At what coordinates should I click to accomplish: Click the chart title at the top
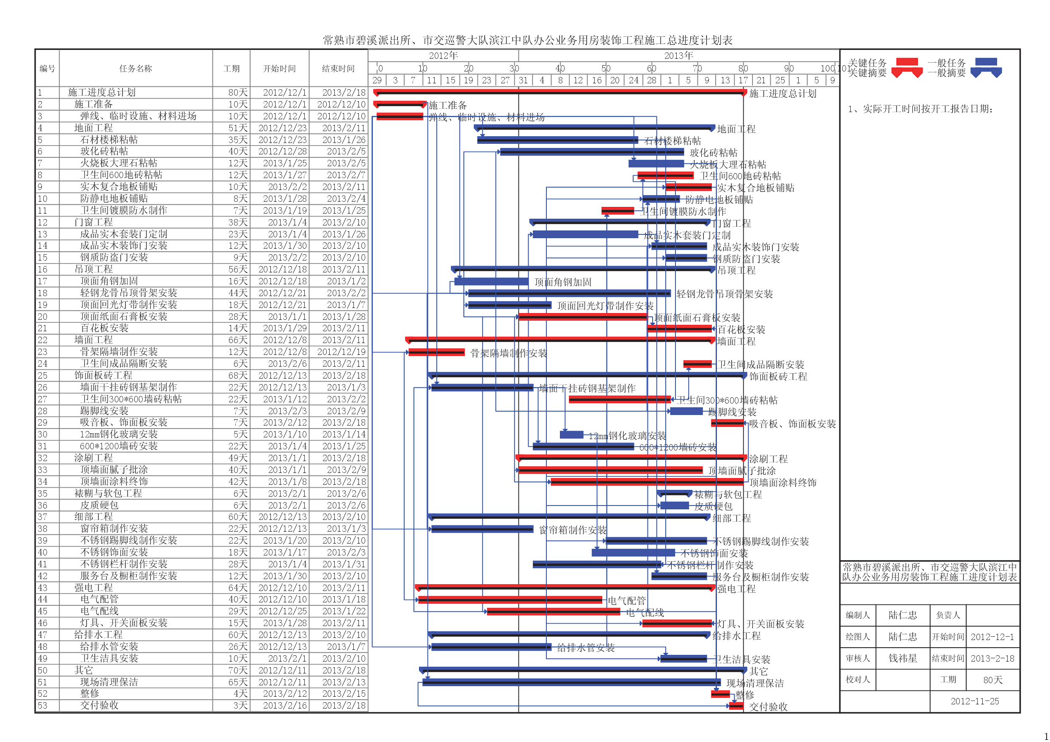(x=527, y=40)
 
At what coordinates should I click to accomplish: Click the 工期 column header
(x=231, y=69)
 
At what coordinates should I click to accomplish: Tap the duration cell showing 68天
(x=238, y=375)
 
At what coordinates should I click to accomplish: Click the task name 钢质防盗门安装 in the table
(x=114, y=257)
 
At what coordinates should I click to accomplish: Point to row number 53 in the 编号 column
(x=42, y=706)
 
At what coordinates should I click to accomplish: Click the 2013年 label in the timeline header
(x=679, y=56)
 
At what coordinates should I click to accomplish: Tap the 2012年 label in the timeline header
(x=443, y=56)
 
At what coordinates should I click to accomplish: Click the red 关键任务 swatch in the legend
(x=907, y=62)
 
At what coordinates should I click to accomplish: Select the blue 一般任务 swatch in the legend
(x=986, y=62)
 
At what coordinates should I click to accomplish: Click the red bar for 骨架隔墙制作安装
(x=436, y=352)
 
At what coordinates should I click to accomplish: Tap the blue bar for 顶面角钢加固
(x=491, y=282)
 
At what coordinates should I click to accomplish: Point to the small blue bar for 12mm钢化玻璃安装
(x=572, y=435)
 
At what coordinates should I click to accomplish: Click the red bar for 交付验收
(x=736, y=706)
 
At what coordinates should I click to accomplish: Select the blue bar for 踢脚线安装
(x=686, y=412)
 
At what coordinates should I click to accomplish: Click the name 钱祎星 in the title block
(x=903, y=658)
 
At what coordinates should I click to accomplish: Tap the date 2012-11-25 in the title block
(x=975, y=701)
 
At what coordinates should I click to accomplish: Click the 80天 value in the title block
(x=993, y=680)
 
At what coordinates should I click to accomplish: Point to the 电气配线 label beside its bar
(x=645, y=613)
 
